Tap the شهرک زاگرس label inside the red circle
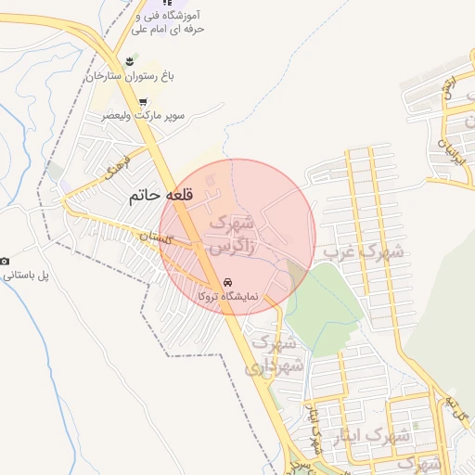coord(232,236)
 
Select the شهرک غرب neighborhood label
coord(362,250)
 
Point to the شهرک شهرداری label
coord(276,353)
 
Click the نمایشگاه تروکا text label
coord(228,296)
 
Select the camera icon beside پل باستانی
coord(5,262)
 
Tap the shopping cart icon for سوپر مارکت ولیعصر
coord(143,102)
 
